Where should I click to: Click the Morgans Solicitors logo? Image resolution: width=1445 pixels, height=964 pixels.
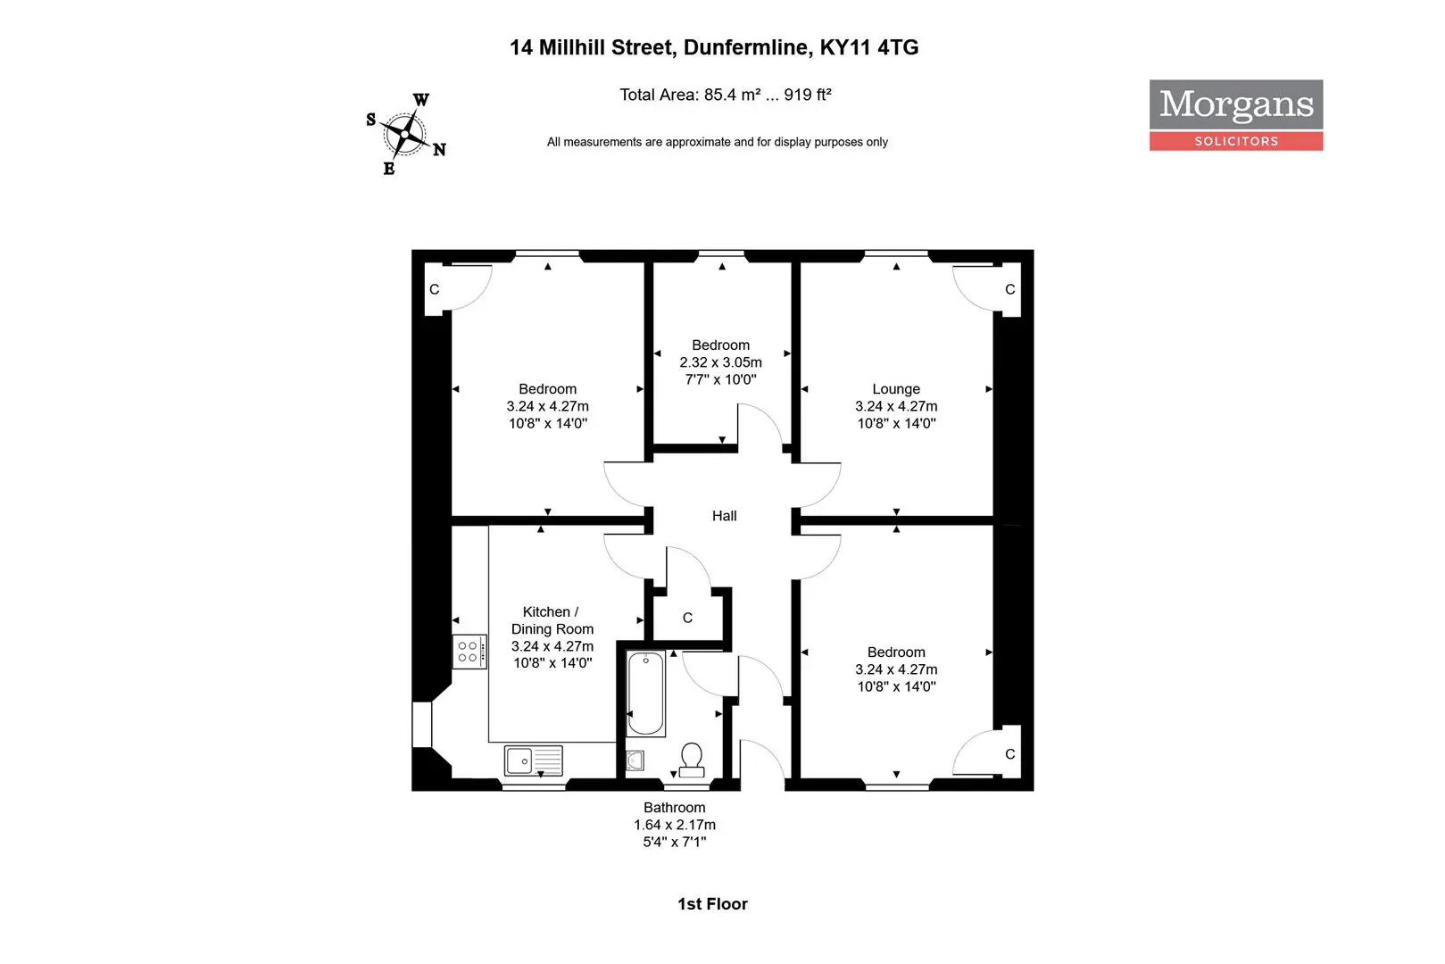1235,114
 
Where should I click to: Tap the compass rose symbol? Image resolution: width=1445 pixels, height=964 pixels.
406,135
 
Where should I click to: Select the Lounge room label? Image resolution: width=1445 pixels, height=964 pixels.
895,389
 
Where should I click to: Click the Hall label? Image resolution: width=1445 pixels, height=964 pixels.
724,516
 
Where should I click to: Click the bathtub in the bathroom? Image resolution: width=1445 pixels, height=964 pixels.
645,694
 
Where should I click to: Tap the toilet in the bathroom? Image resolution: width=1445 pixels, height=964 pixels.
692,760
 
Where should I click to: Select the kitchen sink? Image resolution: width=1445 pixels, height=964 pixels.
533,760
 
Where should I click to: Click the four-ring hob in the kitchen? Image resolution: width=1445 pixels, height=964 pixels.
468,652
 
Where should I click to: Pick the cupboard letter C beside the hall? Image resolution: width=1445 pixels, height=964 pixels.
687,618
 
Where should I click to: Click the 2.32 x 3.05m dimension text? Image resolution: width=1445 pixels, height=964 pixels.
720,362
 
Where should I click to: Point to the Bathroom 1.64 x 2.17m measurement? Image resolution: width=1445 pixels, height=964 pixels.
675,825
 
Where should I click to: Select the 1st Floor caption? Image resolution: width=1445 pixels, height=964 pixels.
712,904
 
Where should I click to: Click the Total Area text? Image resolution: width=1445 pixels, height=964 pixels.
725,95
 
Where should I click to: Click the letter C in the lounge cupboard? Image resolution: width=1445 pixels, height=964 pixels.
1009,289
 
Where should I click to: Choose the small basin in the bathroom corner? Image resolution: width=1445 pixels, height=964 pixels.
635,760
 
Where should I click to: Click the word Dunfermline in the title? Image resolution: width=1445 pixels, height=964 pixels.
747,47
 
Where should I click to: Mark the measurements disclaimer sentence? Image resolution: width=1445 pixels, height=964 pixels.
717,142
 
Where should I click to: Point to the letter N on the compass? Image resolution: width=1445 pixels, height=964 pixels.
439,150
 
